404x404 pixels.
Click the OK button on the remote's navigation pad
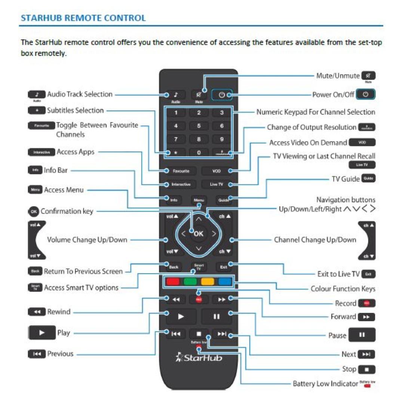(x=199, y=234)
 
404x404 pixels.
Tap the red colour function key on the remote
(x=172, y=282)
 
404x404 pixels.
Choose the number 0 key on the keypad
(x=199, y=153)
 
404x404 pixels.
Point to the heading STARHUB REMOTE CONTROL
(x=83, y=18)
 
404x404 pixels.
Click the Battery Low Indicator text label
(x=325, y=384)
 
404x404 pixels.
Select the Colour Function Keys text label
(x=343, y=289)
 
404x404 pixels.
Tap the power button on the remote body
(x=221, y=95)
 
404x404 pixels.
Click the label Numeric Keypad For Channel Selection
(x=316, y=112)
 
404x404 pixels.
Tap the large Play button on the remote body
(x=181, y=317)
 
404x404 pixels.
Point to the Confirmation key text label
(x=67, y=211)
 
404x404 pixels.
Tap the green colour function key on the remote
(x=190, y=282)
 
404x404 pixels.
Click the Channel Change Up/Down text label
(x=315, y=240)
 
